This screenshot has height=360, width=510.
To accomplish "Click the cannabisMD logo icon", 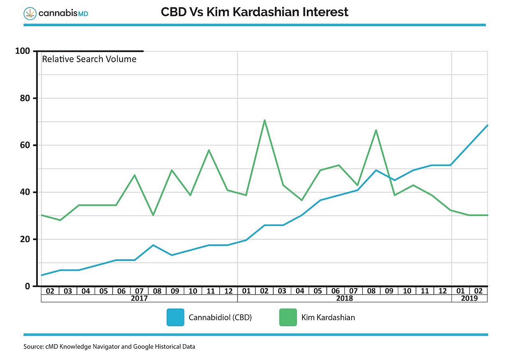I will tap(29, 13).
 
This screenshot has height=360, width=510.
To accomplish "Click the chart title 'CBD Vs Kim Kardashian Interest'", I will tap(255, 12).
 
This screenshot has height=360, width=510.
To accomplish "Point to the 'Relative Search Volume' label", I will tap(89, 59).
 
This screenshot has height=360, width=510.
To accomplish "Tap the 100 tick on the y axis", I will tap(22, 51).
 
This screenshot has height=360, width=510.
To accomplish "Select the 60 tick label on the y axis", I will tap(25, 145).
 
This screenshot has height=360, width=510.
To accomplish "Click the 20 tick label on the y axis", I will tap(25, 239).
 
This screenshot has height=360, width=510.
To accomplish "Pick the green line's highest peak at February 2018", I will tap(264, 120).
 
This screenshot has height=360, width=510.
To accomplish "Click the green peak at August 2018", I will tap(376, 130).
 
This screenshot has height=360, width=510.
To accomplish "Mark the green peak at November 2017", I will tap(209, 150).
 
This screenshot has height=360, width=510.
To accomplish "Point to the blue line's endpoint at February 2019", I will tap(487, 125).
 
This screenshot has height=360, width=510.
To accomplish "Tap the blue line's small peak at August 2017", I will tap(153, 245).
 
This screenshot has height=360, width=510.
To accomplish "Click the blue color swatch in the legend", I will tap(175, 317).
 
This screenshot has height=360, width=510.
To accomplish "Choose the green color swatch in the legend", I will tap(288, 317).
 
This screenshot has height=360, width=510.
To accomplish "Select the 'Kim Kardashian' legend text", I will tap(328, 317).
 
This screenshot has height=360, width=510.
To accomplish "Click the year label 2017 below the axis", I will tap(139, 298).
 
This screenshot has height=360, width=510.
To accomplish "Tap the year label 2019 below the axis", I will tap(469, 298).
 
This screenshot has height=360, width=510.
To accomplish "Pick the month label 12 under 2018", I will tap(443, 291).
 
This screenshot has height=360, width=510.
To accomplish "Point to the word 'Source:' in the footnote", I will tap(32, 347).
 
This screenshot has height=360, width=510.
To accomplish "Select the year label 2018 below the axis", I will tap(344, 298).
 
